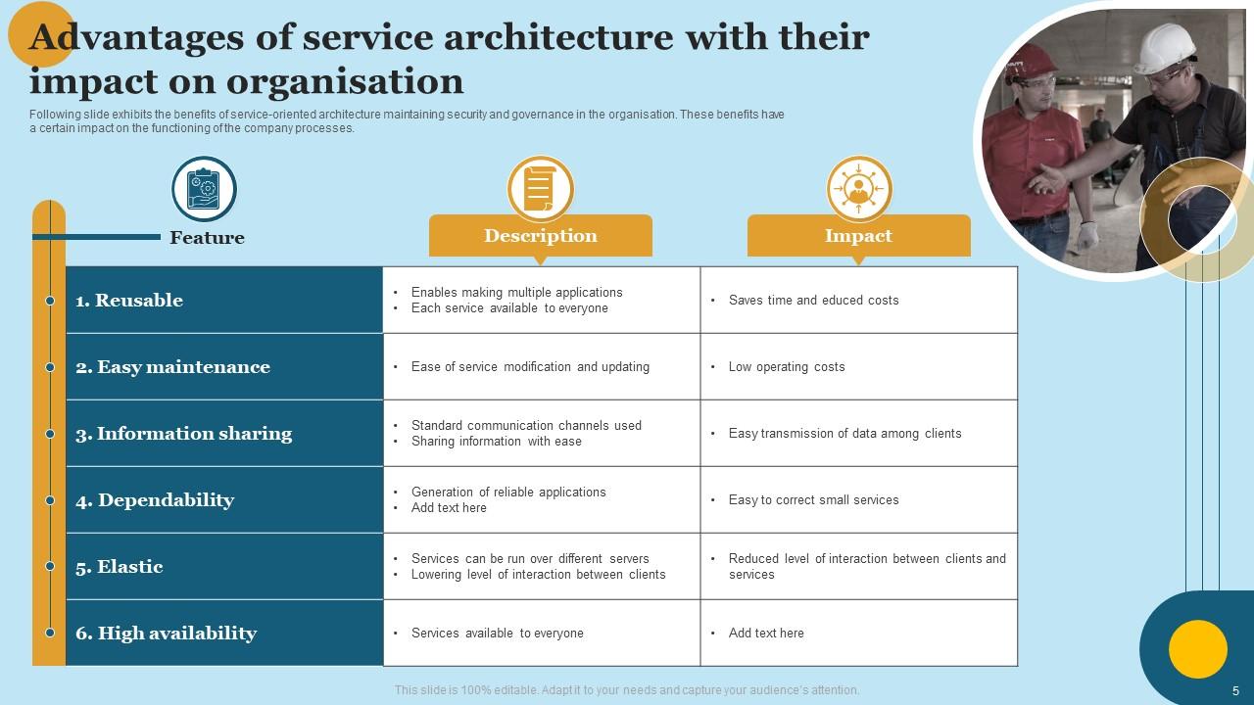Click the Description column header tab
click(540, 236)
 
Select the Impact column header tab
click(858, 236)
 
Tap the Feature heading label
click(207, 238)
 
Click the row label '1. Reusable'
click(129, 301)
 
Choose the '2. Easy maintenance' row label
click(172, 367)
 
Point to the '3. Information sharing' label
click(184, 434)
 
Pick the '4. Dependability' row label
click(155, 500)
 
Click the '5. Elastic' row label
click(120, 567)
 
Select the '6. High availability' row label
click(166, 634)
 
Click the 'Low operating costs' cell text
click(786, 367)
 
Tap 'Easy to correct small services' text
click(813, 500)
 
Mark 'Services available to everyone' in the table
click(497, 634)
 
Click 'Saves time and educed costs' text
click(813, 301)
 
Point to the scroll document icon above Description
click(540, 188)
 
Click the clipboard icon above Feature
click(205, 188)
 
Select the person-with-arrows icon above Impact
click(858, 188)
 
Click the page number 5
click(1235, 689)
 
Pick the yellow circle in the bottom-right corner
click(1197, 649)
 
